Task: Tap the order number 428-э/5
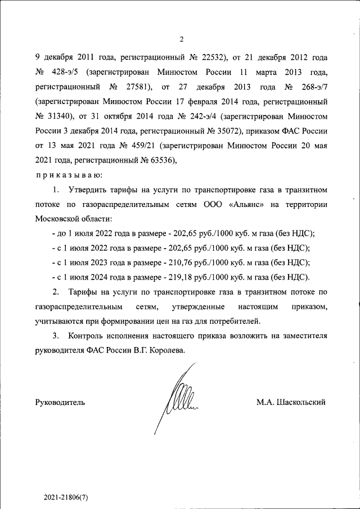tap(65, 73)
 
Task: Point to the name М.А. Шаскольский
tap(290, 402)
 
